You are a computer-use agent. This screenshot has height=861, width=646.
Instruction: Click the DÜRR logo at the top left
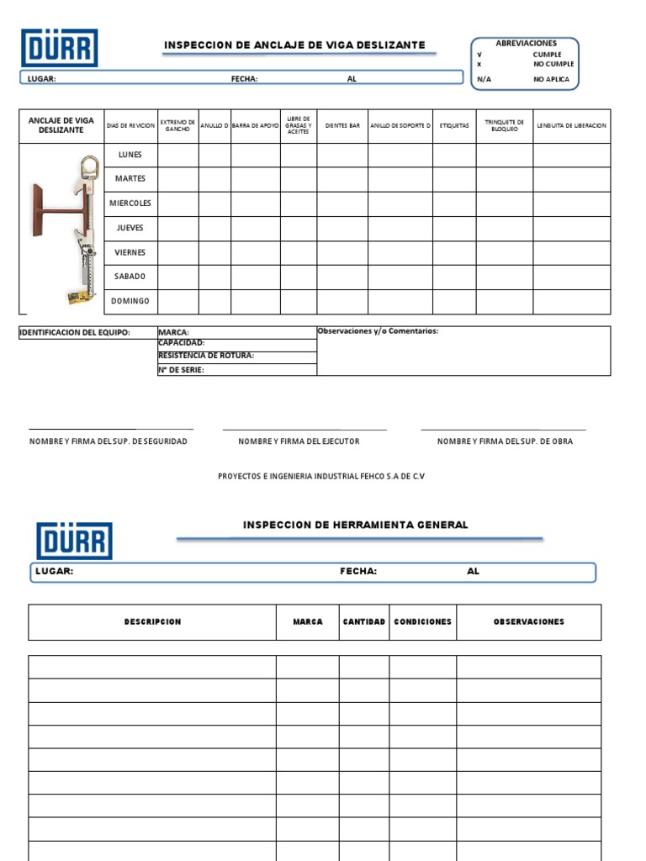pyautogui.click(x=59, y=48)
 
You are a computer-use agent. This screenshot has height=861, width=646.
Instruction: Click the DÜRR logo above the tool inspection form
pyautogui.click(x=74, y=541)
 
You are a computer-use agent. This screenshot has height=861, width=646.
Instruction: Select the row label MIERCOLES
pyautogui.click(x=130, y=203)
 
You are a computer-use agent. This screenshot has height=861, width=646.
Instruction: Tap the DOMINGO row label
pyautogui.click(x=130, y=301)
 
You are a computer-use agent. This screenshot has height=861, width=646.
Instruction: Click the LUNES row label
pyautogui.click(x=130, y=155)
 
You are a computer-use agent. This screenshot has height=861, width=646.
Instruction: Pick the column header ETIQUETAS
pyautogui.click(x=454, y=126)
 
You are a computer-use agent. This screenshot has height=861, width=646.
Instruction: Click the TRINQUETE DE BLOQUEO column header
pyautogui.click(x=505, y=126)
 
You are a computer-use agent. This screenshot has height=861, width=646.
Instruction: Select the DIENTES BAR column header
pyautogui.click(x=342, y=126)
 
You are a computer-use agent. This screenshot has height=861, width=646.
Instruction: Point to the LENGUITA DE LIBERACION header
pyautogui.click(x=571, y=126)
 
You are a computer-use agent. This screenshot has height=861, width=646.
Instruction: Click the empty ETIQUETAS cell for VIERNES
pyautogui.click(x=454, y=252)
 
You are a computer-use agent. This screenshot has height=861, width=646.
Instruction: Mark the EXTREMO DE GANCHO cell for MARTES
pyautogui.click(x=178, y=179)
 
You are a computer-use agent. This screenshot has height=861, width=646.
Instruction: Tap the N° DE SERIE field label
pyautogui.click(x=181, y=370)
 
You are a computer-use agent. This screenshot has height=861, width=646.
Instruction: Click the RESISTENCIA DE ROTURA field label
pyautogui.click(x=206, y=356)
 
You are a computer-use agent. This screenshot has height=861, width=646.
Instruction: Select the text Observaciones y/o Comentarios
pyautogui.click(x=378, y=331)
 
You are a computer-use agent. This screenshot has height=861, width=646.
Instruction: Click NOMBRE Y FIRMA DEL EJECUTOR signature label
pyautogui.click(x=299, y=441)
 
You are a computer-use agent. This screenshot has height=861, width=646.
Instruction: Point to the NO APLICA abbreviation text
pyautogui.click(x=551, y=80)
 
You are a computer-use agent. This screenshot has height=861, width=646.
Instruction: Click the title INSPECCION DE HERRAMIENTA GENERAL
pyautogui.click(x=355, y=525)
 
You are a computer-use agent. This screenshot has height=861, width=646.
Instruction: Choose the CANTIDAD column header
pyautogui.click(x=364, y=622)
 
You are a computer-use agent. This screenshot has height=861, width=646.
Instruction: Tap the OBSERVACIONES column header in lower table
pyautogui.click(x=528, y=622)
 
